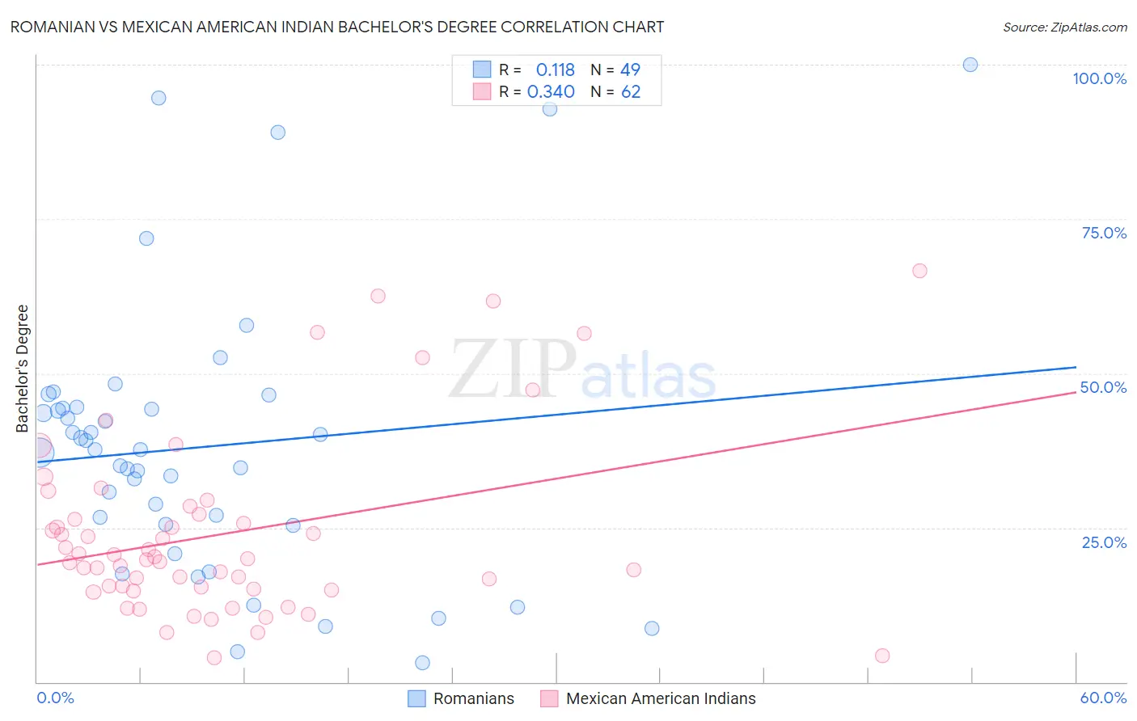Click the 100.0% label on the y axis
[x=1099, y=78]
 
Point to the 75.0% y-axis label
[x=1104, y=233]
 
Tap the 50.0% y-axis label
[x=1103, y=387]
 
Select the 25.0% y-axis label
[x=1104, y=542]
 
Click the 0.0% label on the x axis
[x=55, y=698]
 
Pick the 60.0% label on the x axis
[x=1103, y=698]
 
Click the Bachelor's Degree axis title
[x=23, y=369]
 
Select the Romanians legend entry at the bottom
[x=473, y=698]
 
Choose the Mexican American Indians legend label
[x=661, y=698]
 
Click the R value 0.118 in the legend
[x=555, y=70]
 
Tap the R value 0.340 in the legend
[x=551, y=92]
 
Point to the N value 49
[x=630, y=70]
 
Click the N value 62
[x=631, y=92]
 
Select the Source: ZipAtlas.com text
[x=1064, y=27]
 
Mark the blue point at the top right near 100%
[x=970, y=65]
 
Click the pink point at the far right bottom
[x=882, y=656]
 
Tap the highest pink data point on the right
[x=919, y=271]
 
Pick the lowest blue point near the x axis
[x=422, y=663]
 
